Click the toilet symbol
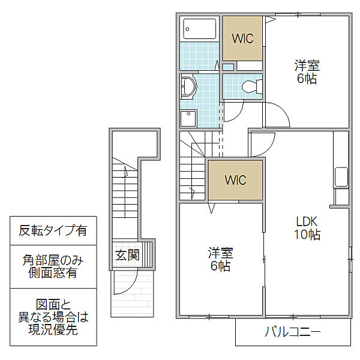pyautogui.click(x=251, y=86)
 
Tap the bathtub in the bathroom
pyautogui.click(x=200, y=29)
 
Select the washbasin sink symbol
pyautogui.click(x=188, y=86)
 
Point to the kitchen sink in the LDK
pyautogui.click(x=341, y=177)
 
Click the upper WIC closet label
pyautogui.click(x=242, y=38)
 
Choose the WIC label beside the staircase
pyautogui.click(x=236, y=180)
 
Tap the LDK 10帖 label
pyautogui.click(x=307, y=228)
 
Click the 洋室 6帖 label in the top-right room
pyautogui.click(x=307, y=72)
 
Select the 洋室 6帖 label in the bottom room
pyautogui.click(x=220, y=260)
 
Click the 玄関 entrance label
pyautogui.click(x=127, y=254)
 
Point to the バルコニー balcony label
pyautogui.click(x=293, y=332)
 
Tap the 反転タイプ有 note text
pyautogui.click(x=53, y=230)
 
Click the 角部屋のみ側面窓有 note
pyautogui.click(x=53, y=266)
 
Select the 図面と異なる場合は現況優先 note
pyautogui.click(x=53, y=317)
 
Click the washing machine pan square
pyautogui.click(x=188, y=118)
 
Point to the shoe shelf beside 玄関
pyautogui.click(x=147, y=254)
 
